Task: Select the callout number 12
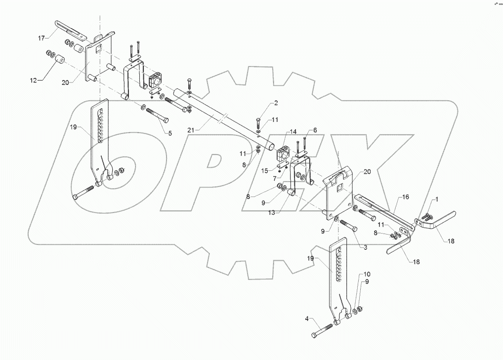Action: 34,80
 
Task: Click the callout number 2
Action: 276,103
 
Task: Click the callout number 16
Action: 406,197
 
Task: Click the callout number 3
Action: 365,247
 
